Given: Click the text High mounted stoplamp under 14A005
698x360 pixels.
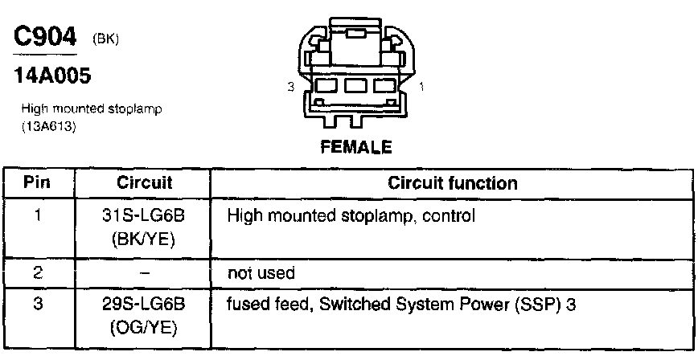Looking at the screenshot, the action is click(92, 110).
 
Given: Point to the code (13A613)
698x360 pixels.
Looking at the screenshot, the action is click(49, 126).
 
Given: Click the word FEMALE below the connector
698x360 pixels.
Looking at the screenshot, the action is click(355, 147).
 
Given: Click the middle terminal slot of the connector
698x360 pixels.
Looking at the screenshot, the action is click(355, 85).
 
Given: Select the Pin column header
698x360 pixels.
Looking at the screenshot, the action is click(37, 183).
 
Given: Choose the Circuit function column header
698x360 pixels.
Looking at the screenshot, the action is click(453, 183).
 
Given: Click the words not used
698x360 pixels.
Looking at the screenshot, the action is click(262, 273).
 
